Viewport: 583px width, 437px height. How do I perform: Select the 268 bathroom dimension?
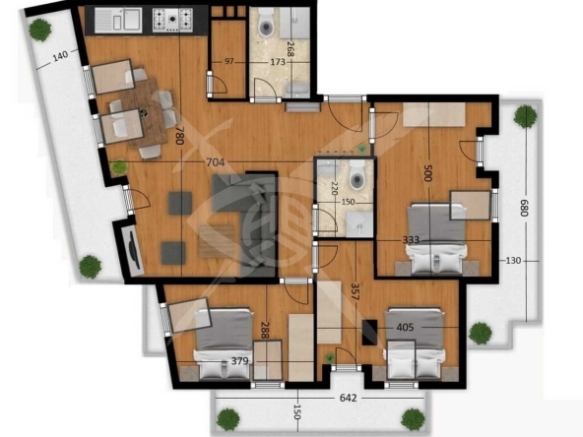[x=290, y=49]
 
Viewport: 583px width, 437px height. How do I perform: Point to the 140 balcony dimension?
[x=61, y=56]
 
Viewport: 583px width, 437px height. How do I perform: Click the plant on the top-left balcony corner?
[x=39, y=29]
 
